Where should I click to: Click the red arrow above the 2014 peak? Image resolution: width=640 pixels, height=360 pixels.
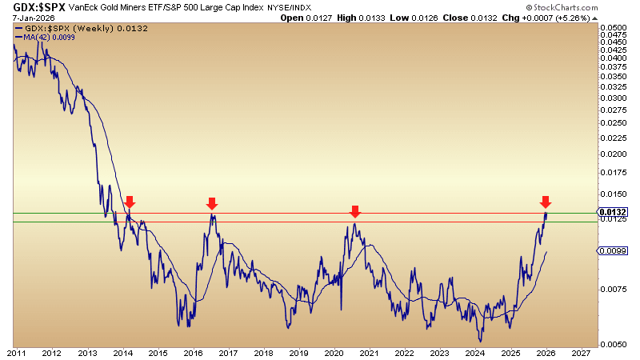130,202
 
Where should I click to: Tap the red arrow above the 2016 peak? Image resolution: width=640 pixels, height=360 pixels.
212,203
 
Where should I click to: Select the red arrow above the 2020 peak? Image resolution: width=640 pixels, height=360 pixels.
355,211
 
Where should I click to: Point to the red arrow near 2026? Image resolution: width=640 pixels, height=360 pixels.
546,202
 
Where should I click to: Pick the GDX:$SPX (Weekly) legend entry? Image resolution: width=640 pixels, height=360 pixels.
73,28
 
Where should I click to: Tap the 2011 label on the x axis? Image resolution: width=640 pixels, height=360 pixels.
16,353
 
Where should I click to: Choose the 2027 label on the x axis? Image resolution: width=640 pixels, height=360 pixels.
582,353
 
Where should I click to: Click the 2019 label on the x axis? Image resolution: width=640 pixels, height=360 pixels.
299,353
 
